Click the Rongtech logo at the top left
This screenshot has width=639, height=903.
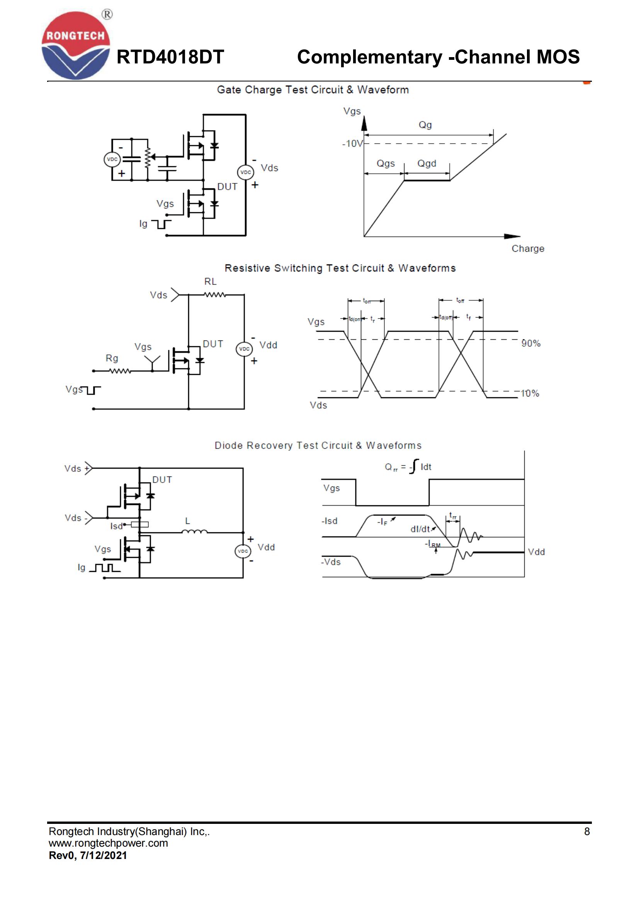point(76,46)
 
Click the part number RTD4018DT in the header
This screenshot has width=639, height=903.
point(170,57)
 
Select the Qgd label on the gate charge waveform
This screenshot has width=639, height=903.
point(427,163)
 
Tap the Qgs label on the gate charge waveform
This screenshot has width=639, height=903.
point(385,163)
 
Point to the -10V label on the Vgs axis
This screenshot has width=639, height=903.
point(352,144)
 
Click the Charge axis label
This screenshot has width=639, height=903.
point(528,249)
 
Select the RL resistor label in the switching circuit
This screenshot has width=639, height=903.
point(210,281)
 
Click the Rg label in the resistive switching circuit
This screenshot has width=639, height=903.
point(112,358)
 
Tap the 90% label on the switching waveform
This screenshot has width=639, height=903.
point(531,343)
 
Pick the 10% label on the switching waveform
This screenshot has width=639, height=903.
point(530,393)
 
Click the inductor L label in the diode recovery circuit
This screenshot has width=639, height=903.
point(188,521)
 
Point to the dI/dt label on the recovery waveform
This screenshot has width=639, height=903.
point(420,529)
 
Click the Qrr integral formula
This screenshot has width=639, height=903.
point(408,467)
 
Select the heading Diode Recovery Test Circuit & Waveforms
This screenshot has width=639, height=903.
point(318,446)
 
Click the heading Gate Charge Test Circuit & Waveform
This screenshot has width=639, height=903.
point(313,90)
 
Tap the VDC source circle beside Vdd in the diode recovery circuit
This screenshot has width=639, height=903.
point(243,551)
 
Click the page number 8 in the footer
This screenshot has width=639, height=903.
point(587,832)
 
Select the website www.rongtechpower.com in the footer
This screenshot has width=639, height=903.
point(108,843)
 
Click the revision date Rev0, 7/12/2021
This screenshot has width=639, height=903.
point(88,856)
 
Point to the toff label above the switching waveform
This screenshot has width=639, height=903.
point(460,300)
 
